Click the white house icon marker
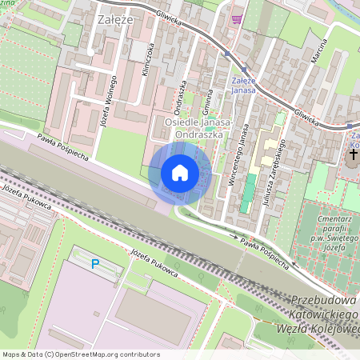[180, 172]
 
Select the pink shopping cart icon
[236, 19]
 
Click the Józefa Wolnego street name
[105, 98]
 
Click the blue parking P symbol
[95, 264]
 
